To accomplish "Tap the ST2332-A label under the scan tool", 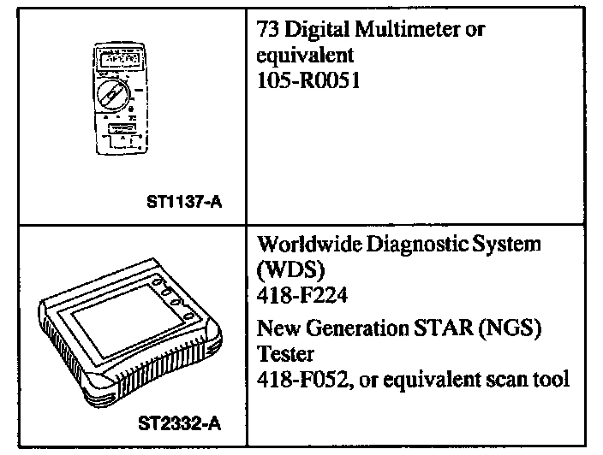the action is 180,423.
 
